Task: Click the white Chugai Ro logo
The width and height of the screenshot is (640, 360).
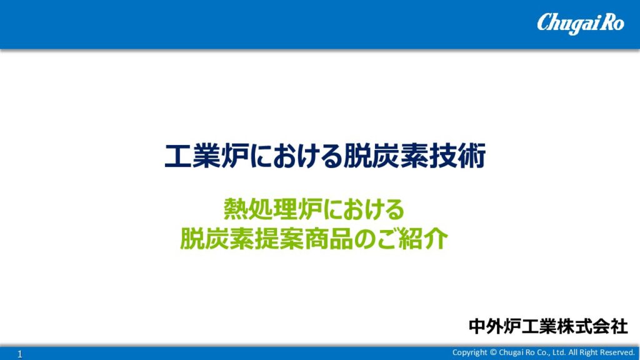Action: pyautogui.click(x=580, y=23)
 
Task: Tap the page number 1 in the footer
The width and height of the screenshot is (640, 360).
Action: pyautogui.click(x=20, y=354)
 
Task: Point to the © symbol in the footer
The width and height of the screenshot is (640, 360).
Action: pyautogui.click(x=493, y=352)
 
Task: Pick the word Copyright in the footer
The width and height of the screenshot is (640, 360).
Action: pyautogui.click(x=469, y=352)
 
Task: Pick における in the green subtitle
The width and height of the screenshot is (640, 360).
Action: pyautogui.click(x=364, y=209)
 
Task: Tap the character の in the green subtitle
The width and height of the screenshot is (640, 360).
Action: pyautogui.click(x=365, y=239)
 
